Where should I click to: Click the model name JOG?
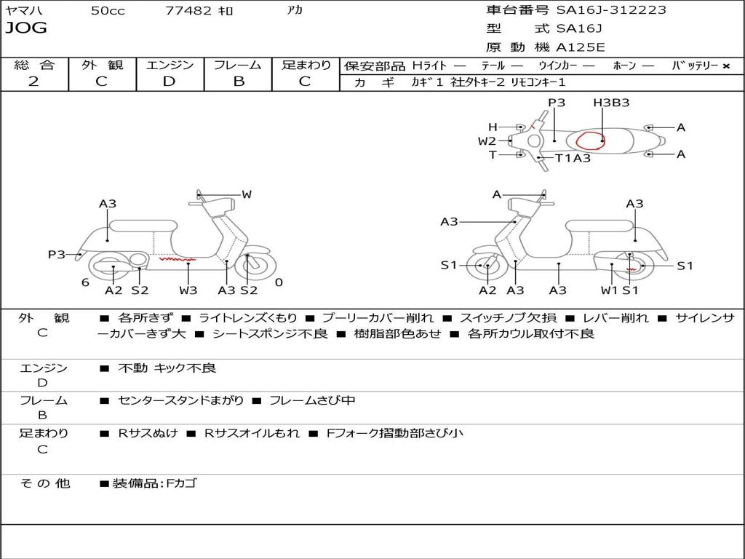[26, 28]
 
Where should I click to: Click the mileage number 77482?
[188, 10]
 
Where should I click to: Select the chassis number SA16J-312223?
[611, 10]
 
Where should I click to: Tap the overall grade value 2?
[33, 82]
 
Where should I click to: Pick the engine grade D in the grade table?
[169, 82]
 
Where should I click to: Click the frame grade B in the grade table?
[239, 82]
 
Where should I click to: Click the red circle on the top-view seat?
[590, 140]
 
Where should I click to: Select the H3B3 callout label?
[611, 103]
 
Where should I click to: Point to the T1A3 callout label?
[573, 158]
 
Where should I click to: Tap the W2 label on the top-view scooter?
[487, 141]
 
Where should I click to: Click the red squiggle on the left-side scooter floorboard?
[178, 259]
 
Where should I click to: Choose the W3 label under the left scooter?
[188, 290]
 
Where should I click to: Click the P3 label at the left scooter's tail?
[57, 255]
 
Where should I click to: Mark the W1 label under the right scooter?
[609, 290]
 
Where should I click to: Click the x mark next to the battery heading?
[726, 66]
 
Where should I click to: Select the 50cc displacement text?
[108, 10]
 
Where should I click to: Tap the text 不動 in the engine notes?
[132, 368]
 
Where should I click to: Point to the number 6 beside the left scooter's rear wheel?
[85, 283]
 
